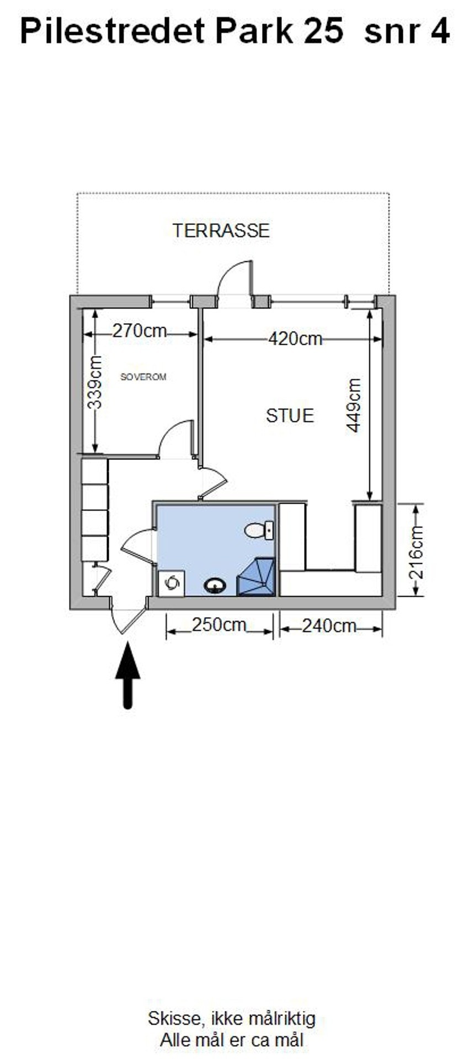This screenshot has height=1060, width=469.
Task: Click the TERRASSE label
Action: tap(221, 230)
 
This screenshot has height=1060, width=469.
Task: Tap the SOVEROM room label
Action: tap(143, 377)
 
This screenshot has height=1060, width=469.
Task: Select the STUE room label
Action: tap(290, 415)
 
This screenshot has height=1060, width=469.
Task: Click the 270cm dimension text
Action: tap(140, 331)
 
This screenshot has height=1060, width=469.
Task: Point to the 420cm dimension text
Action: tap(295, 338)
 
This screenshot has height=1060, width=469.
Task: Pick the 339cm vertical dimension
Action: tap(95, 382)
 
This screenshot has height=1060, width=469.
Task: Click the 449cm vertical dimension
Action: tap(354, 405)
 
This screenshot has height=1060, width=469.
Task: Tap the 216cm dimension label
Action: tap(417, 552)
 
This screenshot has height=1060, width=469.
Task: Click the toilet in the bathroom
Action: tap(258, 531)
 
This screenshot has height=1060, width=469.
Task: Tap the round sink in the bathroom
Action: tap(215, 585)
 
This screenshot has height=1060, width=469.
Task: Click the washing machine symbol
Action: tap(172, 583)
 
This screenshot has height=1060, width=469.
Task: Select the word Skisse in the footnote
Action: tap(169, 1018)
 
